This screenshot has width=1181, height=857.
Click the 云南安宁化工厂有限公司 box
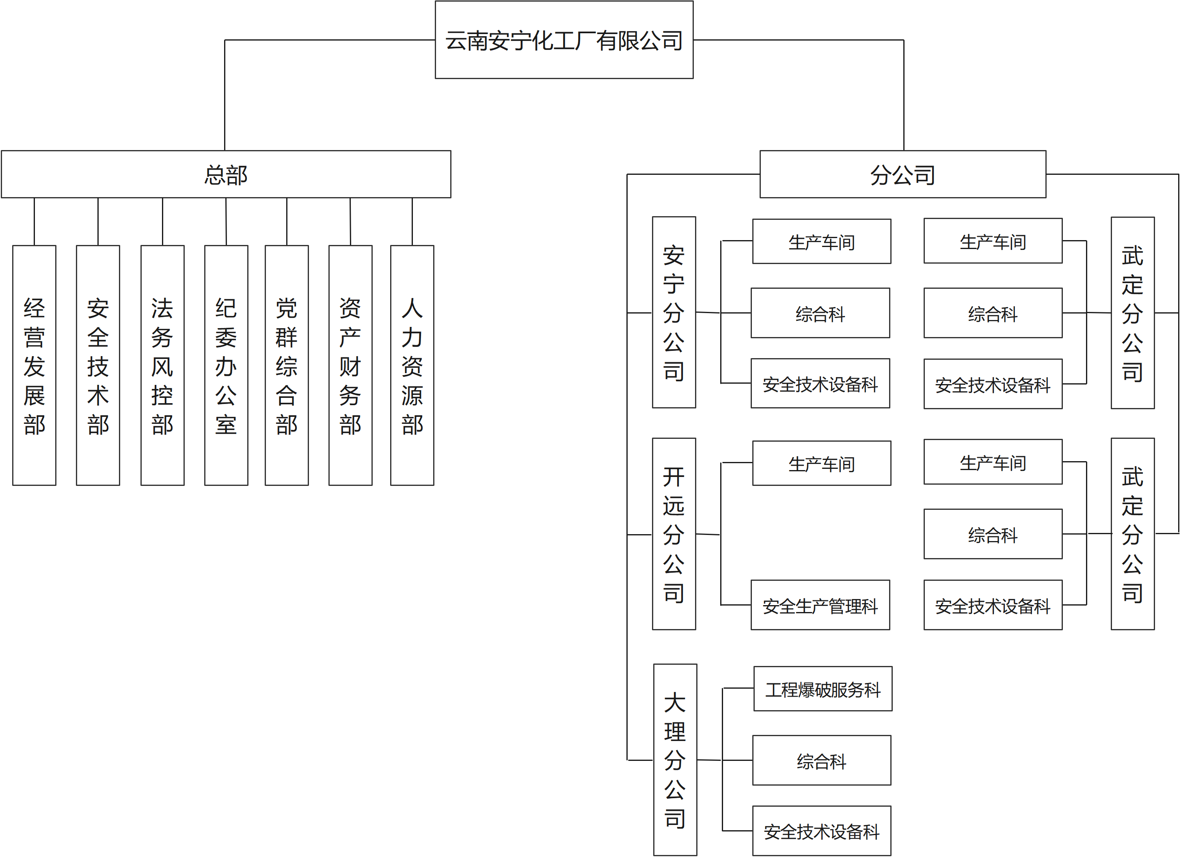[x=564, y=40]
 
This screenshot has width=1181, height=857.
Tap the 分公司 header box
[x=902, y=174]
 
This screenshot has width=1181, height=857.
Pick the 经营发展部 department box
[x=35, y=365]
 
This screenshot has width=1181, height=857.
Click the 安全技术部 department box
[x=98, y=365]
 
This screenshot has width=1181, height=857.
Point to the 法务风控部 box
[x=162, y=365]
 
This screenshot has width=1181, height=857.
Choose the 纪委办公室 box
[x=226, y=365]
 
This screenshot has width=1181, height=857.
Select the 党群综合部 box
[x=286, y=365]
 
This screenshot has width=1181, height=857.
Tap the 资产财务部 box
[x=350, y=365]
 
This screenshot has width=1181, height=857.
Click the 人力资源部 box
[x=412, y=365]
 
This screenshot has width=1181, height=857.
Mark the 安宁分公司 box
[x=674, y=312]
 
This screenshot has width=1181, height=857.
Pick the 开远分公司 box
[x=674, y=534]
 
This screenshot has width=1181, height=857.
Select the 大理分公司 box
[x=675, y=760]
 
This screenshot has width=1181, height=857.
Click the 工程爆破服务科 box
[x=823, y=689]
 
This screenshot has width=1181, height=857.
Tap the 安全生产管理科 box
[x=820, y=605]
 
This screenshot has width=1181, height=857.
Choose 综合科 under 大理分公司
[x=822, y=760]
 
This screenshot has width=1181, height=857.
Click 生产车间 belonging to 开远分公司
[x=822, y=463]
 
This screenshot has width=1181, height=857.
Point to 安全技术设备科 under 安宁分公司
[x=820, y=384]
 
